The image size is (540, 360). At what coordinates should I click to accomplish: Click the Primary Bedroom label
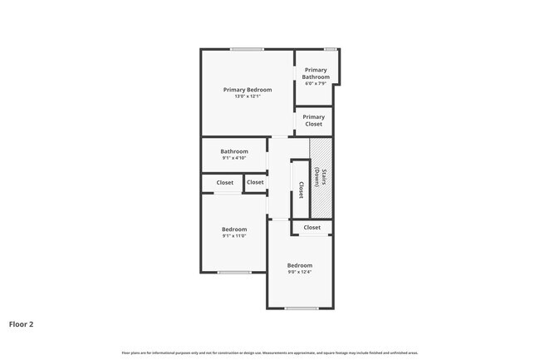click(248, 89)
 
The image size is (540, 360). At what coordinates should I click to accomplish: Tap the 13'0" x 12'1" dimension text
click(248, 96)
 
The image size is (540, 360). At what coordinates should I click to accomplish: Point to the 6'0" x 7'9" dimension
click(316, 83)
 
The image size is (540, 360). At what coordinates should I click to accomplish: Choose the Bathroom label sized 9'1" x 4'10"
click(234, 151)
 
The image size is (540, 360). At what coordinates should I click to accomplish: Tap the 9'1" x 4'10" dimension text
click(234, 158)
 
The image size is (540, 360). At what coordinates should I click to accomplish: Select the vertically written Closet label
click(301, 190)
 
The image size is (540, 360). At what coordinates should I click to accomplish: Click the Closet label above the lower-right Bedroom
click(312, 227)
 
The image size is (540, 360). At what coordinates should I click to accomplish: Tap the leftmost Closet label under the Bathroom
click(225, 182)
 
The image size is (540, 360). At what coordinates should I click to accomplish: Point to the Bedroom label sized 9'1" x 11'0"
click(234, 229)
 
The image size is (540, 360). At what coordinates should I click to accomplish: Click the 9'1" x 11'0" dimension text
click(234, 236)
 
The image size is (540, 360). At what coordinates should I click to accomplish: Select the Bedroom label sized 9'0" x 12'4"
click(300, 265)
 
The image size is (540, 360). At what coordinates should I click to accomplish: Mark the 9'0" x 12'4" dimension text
click(300, 272)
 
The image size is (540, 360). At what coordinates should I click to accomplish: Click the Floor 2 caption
click(22, 324)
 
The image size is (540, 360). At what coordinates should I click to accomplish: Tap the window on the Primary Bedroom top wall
click(248, 49)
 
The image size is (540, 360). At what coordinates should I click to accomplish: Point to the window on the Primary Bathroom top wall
click(331, 49)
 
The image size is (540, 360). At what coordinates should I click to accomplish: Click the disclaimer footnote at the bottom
click(270, 353)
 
